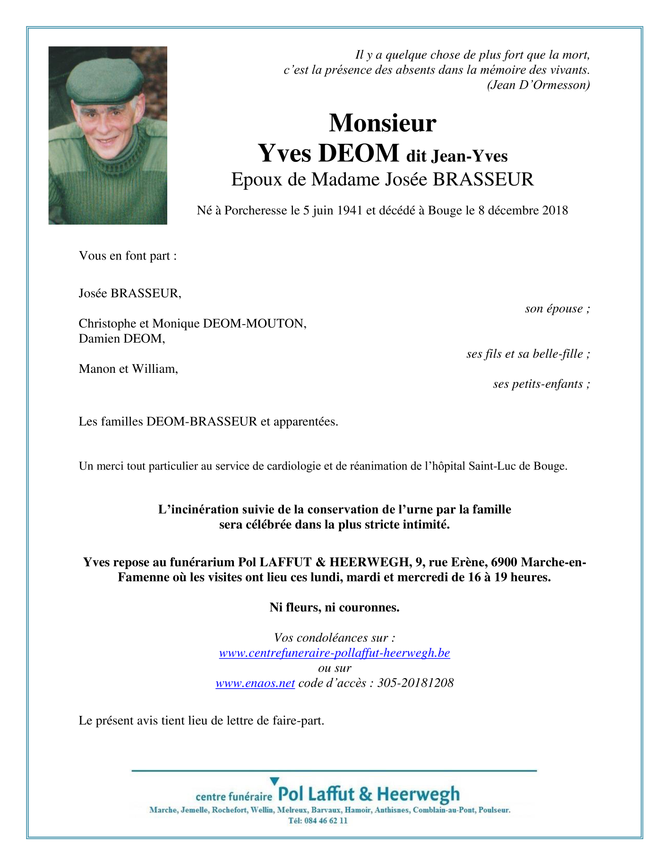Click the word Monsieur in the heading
382,123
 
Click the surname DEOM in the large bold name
359,153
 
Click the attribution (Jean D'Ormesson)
539,85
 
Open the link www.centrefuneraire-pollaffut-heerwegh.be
334,653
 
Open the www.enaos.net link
255,683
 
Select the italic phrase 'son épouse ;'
557,309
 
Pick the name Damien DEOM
122,339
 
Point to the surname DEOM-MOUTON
255,324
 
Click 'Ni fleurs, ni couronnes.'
334,608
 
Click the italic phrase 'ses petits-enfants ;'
541,384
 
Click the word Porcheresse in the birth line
256,210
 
